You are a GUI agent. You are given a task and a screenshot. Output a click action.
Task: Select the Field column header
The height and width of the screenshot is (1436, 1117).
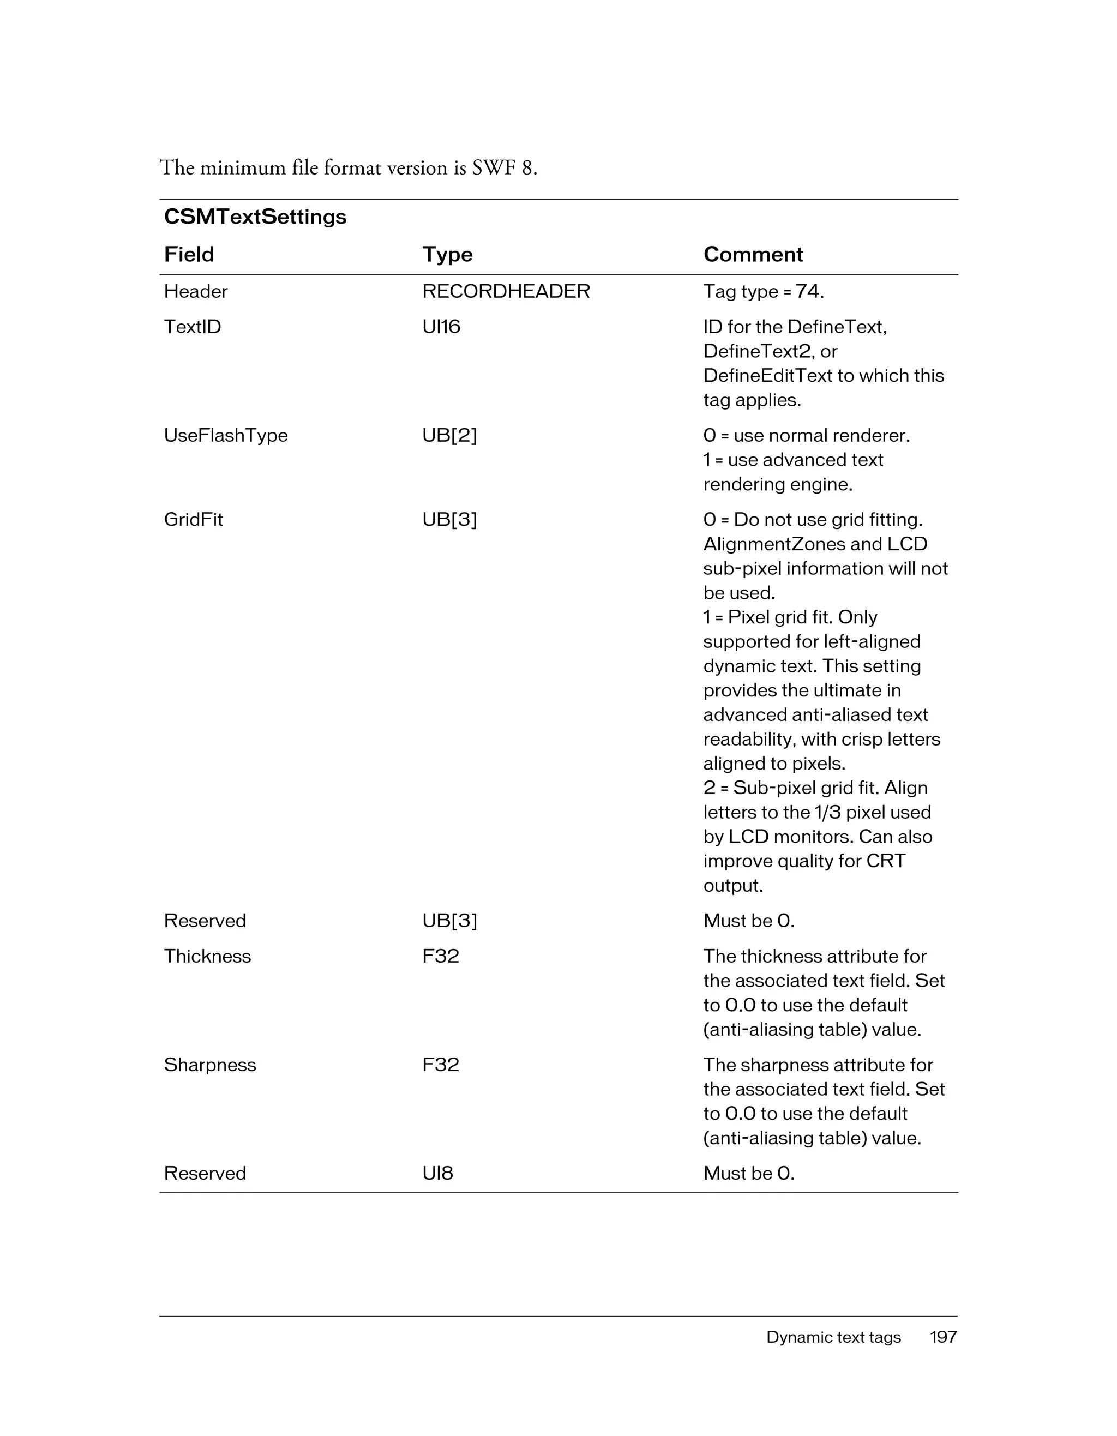[189, 255]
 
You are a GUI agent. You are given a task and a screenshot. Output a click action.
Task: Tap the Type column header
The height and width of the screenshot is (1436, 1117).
[447, 255]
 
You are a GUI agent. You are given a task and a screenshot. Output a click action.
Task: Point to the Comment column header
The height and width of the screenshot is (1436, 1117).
[753, 255]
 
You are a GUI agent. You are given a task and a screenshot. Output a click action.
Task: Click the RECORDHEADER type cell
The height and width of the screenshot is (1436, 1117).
[506, 291]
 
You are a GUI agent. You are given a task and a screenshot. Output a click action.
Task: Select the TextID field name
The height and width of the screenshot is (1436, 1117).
[192, 327]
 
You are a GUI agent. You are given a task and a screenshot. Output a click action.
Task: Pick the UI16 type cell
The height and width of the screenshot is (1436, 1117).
[441, 327]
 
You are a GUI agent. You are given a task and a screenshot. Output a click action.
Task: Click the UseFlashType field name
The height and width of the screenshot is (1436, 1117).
[225, 435]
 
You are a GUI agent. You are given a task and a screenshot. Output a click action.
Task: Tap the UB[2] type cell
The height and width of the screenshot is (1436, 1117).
[449, 435]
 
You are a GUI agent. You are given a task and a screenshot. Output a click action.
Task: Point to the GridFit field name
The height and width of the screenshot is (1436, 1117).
[193, 519]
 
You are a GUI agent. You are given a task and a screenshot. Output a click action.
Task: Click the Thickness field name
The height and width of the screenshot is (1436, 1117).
[207, 956]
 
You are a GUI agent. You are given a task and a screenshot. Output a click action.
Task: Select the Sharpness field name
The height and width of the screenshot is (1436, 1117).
[210, 1065]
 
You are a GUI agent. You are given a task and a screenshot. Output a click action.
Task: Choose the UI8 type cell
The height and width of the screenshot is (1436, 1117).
[437, 1173]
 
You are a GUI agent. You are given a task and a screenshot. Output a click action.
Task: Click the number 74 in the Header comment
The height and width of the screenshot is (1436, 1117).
[807, 291]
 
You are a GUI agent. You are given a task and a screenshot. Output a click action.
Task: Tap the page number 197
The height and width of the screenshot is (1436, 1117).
[943, 1337]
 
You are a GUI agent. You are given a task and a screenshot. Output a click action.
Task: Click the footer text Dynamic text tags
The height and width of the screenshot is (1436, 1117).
[833, 1337]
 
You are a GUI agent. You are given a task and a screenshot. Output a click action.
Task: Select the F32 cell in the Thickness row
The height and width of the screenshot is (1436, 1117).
[441, 956]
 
